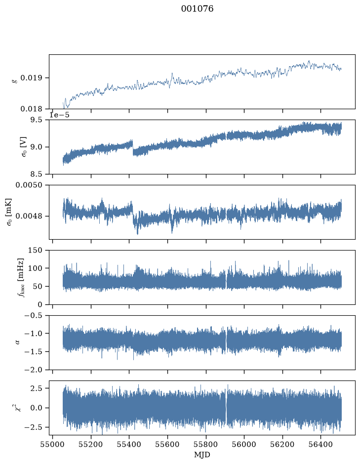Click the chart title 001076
click(x=197, y=9)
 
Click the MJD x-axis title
click(x=202, y=455)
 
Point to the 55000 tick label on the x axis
click(x=53, y=444)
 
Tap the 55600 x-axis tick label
click(x=167, y=444)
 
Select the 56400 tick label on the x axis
click(x=321, y=444)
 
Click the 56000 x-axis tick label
click(x=244, y=444)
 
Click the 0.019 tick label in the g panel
click(x=31, y=78)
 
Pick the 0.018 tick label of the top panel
click(x=31, y=109)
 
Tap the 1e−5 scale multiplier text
click(x=59, y=115)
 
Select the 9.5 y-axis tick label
click(x=36, y=120)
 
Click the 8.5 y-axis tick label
click(x=36, y=174)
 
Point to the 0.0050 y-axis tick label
click(x=29, y=185)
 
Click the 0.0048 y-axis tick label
click(x=29, y=216)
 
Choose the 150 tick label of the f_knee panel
click(x=36, y=251)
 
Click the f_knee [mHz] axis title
click(x=20, y=277)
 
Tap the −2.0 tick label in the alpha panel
click(x=34, y=370)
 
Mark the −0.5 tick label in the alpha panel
click(x=34, y=315)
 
